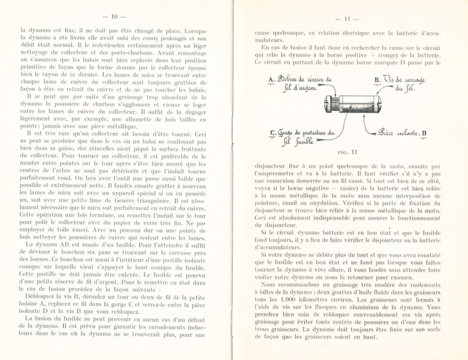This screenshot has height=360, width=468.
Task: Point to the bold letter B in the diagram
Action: (377, 80)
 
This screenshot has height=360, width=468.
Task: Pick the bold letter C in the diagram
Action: (272, 134)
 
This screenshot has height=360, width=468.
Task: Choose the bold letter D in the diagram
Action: (424, 134)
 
